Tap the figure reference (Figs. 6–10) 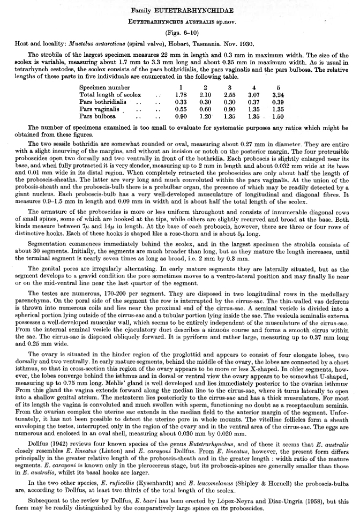click(x=180, y=33)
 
